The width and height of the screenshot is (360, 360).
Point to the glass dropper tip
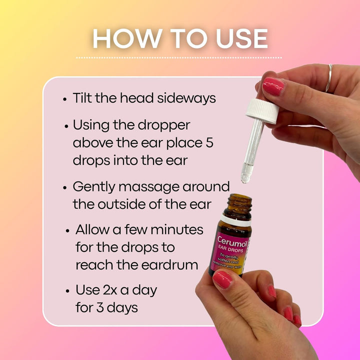pos(245,176)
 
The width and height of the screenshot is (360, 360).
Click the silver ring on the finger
pos(329,77)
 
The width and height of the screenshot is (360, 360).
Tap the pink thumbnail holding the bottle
pos(222,279)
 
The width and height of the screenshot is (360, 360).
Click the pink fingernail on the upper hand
pos(273,86)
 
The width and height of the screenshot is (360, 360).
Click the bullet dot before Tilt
pos(65,99)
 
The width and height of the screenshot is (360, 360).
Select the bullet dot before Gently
pos(65,187)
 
